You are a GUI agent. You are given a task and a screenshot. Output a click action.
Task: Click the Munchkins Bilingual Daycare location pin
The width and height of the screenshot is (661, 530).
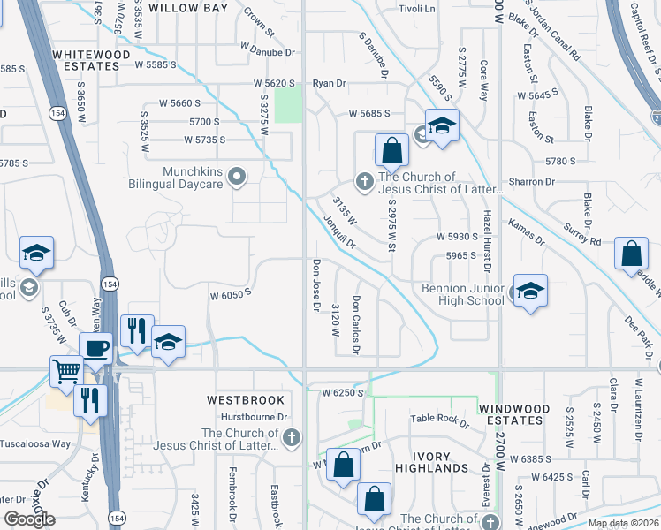tap(236, 177)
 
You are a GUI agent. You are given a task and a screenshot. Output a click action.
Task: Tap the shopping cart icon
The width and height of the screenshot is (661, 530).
tap(66, 372)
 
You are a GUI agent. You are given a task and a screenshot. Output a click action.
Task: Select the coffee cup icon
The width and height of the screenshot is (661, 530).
tap(95, 348)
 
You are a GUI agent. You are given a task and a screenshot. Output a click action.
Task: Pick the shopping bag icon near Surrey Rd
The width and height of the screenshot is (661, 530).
tap(631, 254)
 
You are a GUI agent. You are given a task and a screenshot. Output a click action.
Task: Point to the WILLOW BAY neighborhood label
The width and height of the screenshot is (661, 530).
tap(187, 8)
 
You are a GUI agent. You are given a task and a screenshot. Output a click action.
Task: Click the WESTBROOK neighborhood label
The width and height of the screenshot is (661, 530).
tap(246, 400)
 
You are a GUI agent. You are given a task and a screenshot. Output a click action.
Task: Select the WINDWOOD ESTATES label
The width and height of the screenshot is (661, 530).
tap(526, 414)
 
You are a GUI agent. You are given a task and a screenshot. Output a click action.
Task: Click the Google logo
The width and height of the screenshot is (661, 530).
tap(29, 519)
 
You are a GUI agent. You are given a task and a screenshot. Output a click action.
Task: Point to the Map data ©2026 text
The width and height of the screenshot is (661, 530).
tap(623, 523)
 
